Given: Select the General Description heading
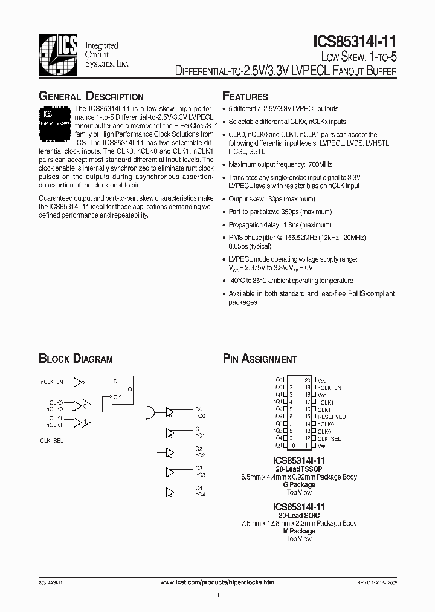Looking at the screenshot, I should (91, 97).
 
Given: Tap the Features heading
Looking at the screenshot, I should (245, 97).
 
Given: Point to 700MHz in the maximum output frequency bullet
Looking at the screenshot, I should (320, 164).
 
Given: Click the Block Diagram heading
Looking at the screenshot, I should (76, 359).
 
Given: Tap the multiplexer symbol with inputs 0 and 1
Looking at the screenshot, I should (86, 413).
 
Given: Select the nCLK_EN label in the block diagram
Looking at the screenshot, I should (53, 382).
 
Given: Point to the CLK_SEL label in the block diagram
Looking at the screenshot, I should (52, 441).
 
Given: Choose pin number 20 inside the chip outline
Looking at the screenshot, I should (307, 380).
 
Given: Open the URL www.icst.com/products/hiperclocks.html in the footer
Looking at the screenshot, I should (218, 582).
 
